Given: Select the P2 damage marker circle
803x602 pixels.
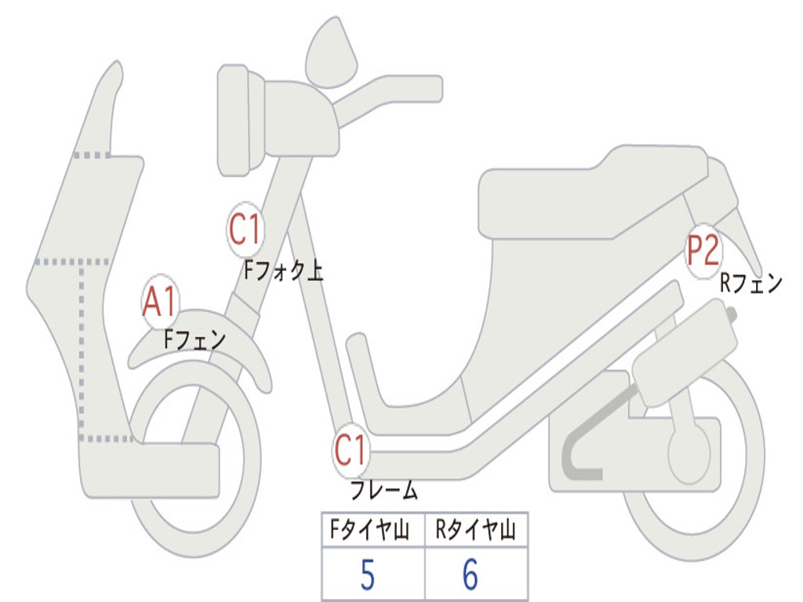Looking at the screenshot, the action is (703, 252).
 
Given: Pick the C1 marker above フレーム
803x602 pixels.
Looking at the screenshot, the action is (351, 451).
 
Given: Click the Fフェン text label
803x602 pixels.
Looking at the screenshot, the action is (194, 339).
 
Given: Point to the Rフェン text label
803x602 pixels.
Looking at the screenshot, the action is (750, 283).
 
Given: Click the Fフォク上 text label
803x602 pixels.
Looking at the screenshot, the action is (282, 271).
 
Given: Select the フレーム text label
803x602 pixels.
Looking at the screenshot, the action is (383, 491).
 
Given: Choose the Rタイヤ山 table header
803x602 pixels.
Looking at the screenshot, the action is (475, 531).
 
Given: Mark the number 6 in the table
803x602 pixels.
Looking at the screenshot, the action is (471, 576).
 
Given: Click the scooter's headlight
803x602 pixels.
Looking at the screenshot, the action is (235, 121).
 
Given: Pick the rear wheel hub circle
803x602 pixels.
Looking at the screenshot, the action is (689, 455).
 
